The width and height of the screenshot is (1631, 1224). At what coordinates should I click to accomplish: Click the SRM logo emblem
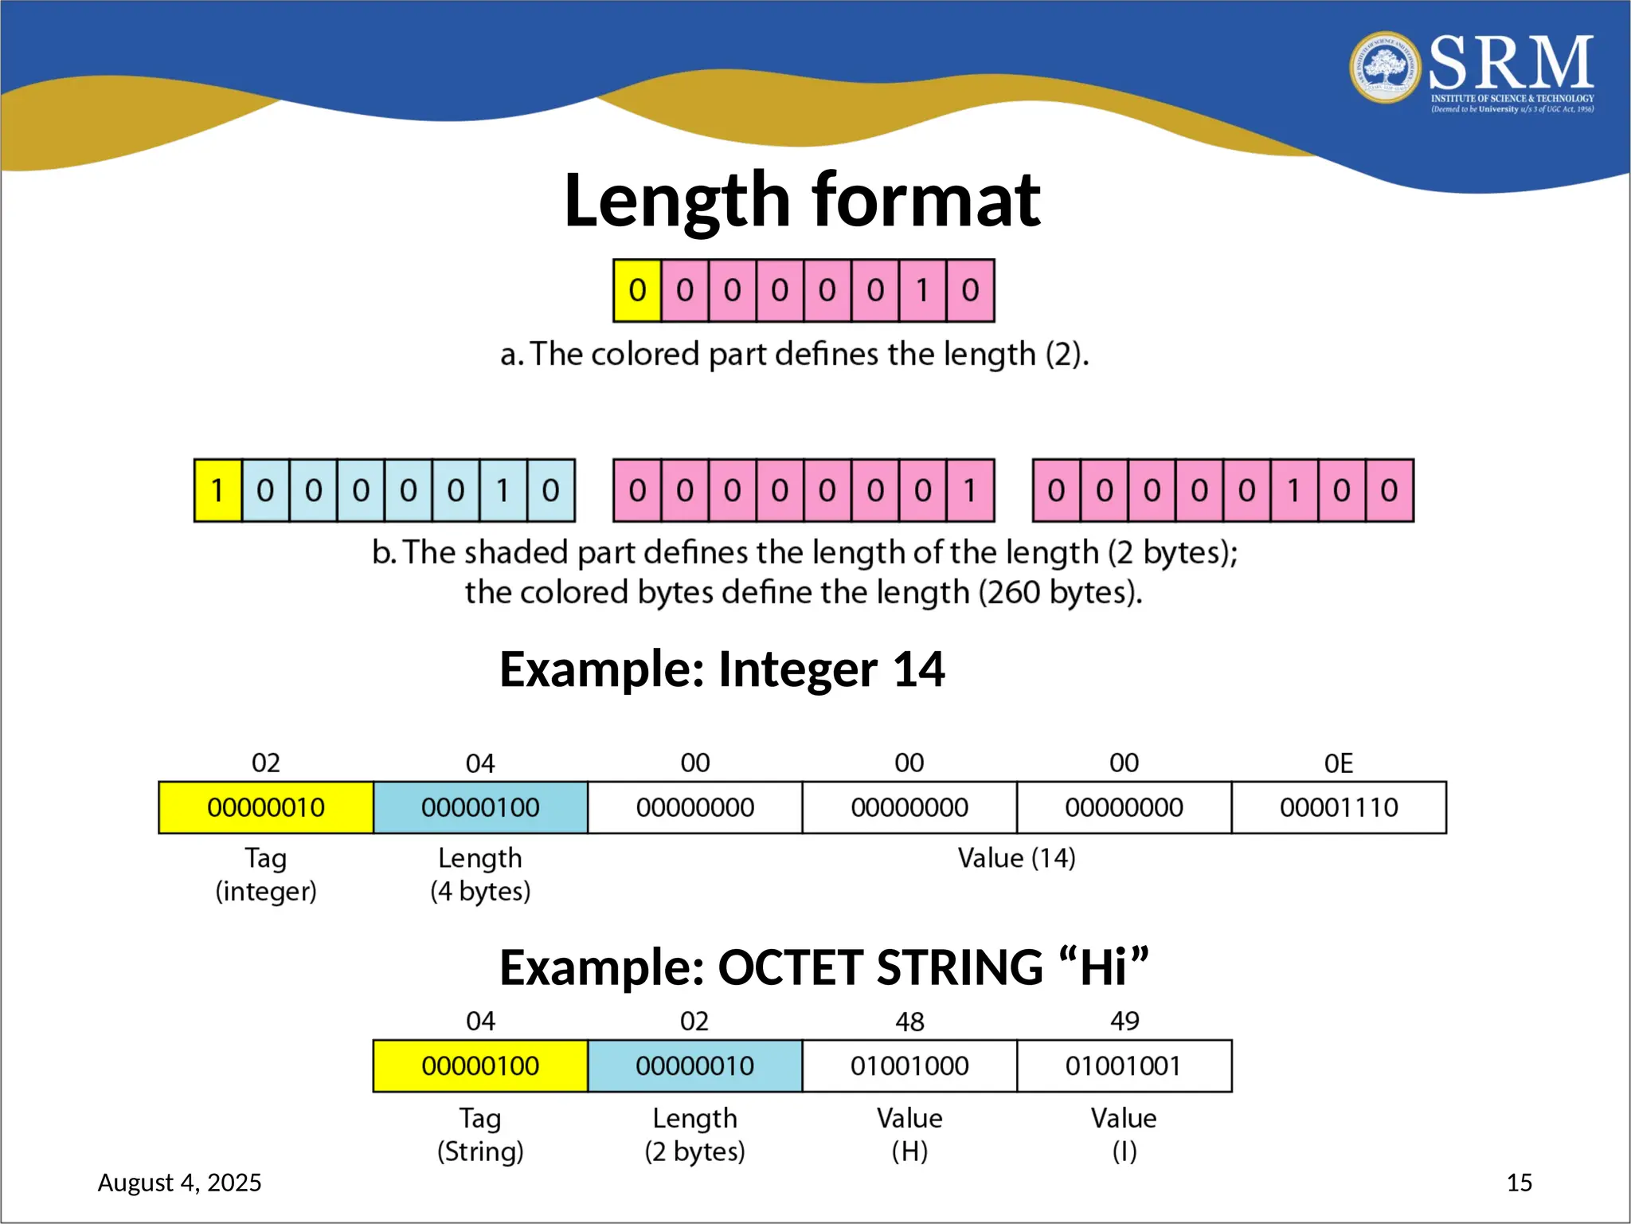point(1386,68)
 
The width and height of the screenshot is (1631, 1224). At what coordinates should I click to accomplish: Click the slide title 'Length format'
point(801,200)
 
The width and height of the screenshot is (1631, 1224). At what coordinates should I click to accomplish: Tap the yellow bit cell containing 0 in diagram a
point(637,291)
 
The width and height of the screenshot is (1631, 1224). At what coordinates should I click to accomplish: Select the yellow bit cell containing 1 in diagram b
point(217,491)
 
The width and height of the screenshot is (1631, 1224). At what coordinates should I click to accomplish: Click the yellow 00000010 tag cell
point(266,808)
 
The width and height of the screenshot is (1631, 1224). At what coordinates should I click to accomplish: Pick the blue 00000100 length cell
point(480,808)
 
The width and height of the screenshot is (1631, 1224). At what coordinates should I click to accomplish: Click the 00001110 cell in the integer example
point(1339,808)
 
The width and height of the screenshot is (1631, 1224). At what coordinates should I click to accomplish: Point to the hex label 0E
point(1339,763)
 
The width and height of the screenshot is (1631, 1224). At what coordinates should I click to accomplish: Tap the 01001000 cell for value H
point(909,1066)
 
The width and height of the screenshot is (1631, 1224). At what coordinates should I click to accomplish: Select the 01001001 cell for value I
point(1124,1066)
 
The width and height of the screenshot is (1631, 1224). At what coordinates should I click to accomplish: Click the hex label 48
point(909,1022)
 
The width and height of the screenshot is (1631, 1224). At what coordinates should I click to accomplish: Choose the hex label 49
point(1124,1021)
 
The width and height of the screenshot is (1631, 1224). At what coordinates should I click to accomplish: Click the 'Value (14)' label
point(1016,858)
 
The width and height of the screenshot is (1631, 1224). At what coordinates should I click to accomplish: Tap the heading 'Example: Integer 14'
point(722,669)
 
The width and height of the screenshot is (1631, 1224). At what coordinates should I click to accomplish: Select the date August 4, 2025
point(179,1183)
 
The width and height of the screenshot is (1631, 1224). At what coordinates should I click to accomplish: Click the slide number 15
point(1519,1183)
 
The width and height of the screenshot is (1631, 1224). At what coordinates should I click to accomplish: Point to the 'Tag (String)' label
point(480,1135)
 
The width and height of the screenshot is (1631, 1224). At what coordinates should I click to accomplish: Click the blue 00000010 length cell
point(694,1066)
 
